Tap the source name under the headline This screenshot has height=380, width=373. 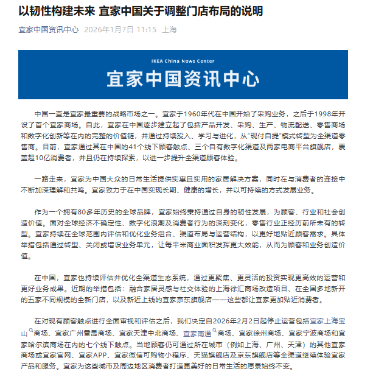coord(48,30)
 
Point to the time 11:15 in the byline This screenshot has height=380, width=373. coord(145,30)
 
